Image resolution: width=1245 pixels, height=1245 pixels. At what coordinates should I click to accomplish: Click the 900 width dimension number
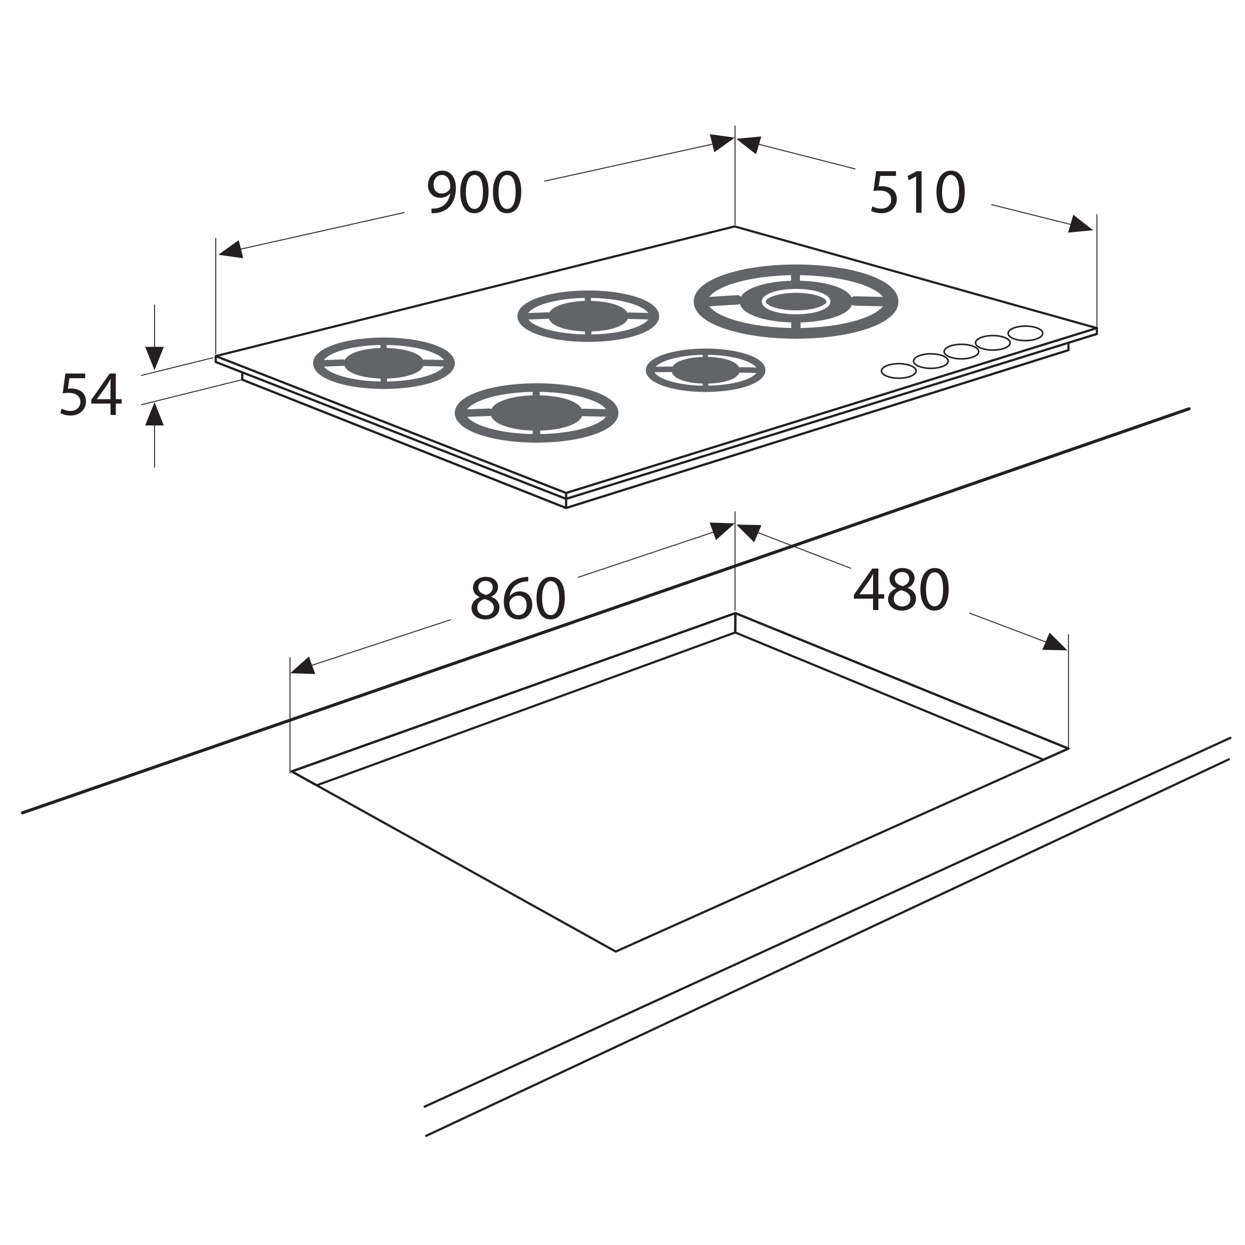474,192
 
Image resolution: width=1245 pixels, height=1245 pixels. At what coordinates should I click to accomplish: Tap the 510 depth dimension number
918,192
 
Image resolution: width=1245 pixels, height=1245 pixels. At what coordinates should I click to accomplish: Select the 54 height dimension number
91,394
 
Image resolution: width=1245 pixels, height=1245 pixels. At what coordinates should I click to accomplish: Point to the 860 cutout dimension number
518,599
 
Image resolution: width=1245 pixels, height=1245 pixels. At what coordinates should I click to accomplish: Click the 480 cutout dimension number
902,590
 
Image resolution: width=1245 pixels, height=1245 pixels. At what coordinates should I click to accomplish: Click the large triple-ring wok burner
796,301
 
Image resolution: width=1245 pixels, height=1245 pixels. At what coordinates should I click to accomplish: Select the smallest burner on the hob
706,370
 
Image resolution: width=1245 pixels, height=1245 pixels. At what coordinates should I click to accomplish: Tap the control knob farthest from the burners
1025,333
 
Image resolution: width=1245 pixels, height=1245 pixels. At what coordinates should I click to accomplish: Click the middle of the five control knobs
961,352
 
